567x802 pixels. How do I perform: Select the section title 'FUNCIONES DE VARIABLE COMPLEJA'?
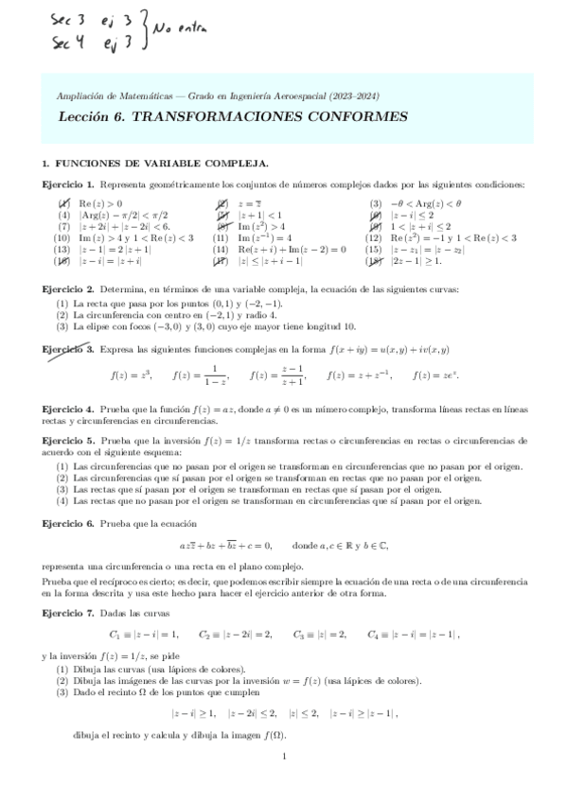(162, 163)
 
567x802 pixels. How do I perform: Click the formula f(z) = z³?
(132, 375)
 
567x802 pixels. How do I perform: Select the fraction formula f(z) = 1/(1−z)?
(202, 375)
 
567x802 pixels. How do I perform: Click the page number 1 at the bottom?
(284, 757)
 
